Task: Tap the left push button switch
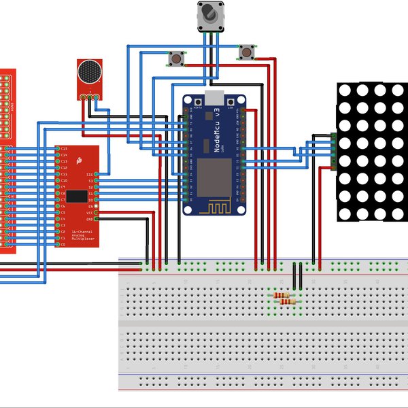pos(177,59)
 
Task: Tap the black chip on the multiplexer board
pos(76,197)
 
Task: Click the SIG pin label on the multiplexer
pos(90,175)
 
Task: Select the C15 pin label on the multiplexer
pos(64,148)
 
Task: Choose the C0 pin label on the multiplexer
pos(63,243)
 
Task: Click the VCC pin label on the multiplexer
pos(89,212)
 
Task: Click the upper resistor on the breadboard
pos(282,294)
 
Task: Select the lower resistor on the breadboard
pos(290,303)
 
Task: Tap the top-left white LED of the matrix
pos(345,90)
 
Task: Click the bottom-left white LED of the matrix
pos(345,214)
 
